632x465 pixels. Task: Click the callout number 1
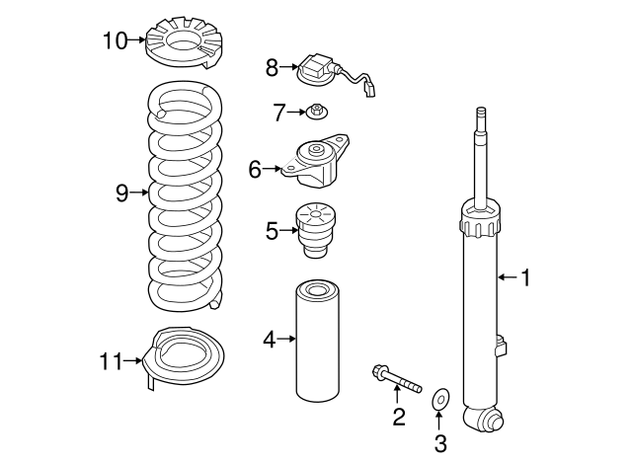click(525, 278)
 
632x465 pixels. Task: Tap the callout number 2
click(398, 417)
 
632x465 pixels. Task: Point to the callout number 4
click(269, 340)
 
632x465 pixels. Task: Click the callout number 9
click(122, 193)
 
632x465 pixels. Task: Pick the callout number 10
click(115, 40)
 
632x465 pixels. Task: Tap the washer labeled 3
click(439, 400)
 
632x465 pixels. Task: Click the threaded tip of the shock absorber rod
click(481, 116)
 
